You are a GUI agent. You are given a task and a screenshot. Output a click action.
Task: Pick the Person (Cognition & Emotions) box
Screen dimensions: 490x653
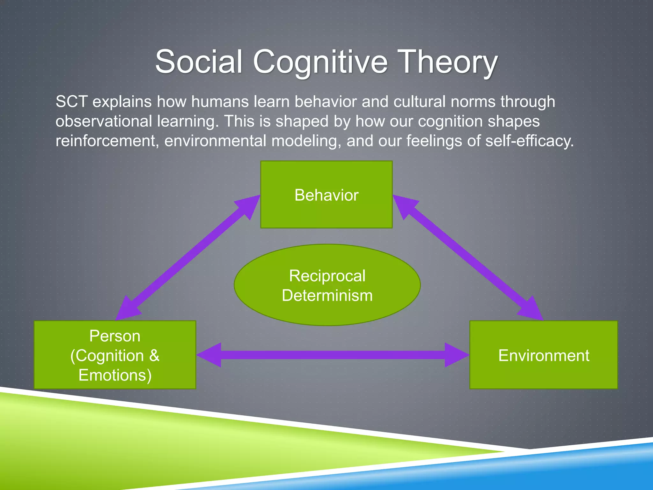coord(115,355)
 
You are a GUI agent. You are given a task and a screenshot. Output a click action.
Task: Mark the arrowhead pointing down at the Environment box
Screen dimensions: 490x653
coord(531,309)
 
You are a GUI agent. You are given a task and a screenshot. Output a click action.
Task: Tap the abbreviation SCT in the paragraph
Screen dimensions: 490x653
coord(71,102)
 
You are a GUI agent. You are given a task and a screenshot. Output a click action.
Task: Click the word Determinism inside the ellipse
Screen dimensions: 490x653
coord(327,295)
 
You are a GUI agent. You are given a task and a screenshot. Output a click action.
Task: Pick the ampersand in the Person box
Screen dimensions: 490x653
coord(154,355)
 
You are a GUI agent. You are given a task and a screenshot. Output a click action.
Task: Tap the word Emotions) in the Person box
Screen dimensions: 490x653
coord(115,375)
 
